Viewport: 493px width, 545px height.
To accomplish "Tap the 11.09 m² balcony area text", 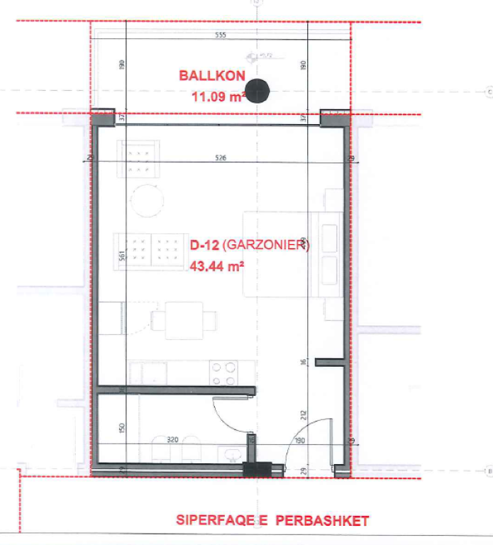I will tap(218, 94).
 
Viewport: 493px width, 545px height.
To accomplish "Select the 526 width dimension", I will tap(220, 158).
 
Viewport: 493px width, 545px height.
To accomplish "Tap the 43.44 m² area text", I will tap(216, 268).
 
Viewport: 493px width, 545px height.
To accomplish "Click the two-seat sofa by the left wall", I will tap(147, 251).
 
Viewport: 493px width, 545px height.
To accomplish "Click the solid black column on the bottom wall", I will tap(257, 468).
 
